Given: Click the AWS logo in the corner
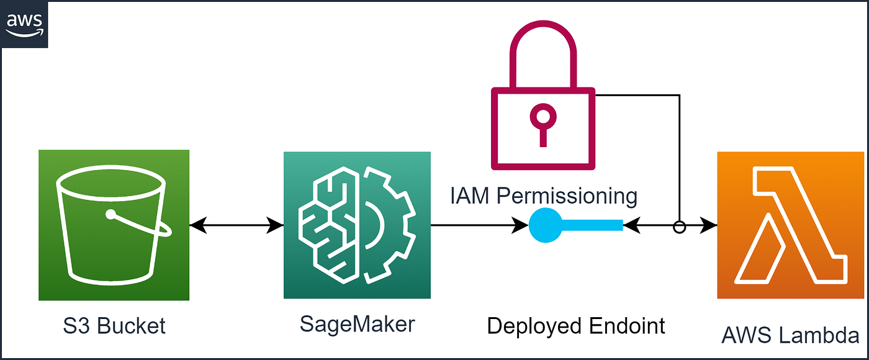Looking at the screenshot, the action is pyautogui.click(x=24, y=25).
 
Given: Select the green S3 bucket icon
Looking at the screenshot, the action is pyautogui.click(x=114, y=225).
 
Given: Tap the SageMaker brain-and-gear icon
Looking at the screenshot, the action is pyautogui.click(x=357, y=225).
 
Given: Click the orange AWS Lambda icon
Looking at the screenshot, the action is pyautogui.click(x=791, y=225).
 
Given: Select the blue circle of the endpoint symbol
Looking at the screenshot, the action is pyautogui.click(x=546, y=225).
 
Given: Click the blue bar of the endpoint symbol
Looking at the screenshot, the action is pyautogui.click(x=592, y=225).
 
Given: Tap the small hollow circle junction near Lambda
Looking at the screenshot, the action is pyautogui.click(x=679, y=227).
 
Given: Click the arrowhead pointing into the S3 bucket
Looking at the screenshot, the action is pyautogui.click(x=198, y=225).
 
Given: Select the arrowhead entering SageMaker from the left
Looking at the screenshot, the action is pyautogui.click(x=275, y=225).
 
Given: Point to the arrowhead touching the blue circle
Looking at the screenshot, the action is pyautogui.click(x=520, y=225).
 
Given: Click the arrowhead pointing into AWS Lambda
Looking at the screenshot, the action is pyautogui.click(x=708, y=225).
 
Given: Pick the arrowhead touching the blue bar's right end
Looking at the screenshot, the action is pyautogui.click(x=632, y=225).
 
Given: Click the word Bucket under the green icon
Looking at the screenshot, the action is pyautogui.click(x=131, y=326).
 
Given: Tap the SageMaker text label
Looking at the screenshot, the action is pyautogui.click(x=358, y=324).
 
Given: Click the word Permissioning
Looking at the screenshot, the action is pyautogui.click(x=567, y=196).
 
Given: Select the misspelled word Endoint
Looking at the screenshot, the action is pyautogui.click(x=627, y=326).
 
